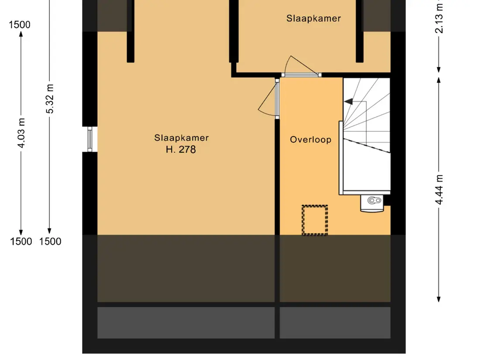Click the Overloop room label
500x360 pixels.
tap(310, 140)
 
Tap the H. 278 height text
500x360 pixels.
tap(181, 149)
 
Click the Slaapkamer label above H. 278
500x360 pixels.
tap(182, 137)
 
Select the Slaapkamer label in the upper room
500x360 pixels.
tap(314, 18)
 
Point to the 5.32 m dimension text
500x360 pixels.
tap(50, 99)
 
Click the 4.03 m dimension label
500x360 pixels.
tap(21, 133)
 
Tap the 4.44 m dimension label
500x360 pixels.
tap(439, 189)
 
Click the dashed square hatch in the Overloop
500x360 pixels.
tap(315, 220)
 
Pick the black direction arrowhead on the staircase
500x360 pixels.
tap(348, 102)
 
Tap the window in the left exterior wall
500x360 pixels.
tap(90, 139)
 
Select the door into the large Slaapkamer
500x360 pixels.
tap(270, 98)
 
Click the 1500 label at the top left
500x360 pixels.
tap(20, 24)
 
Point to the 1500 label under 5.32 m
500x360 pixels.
tap(50, 241)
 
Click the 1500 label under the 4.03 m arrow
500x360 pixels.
tap(21, 241)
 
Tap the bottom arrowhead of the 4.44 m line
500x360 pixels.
tap(439, 299)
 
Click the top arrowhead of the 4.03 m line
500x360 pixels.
tap(21, 34)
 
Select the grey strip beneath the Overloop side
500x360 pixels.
tap(335, 322)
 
